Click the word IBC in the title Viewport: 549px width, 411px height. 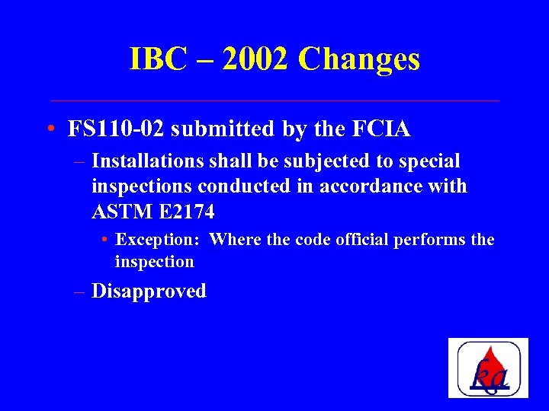pyautogui.click(x=157, y=59)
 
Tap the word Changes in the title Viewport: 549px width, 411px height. pyautogui.click(x=359, y=59)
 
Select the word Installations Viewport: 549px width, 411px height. pyautogui.click(x=143, y=161)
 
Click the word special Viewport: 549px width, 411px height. pyautogui.click(x=429, y=161)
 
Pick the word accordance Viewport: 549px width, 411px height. pyautogui.click(x=374, y=186)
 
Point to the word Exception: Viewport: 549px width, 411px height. pyautogui.click(x=158, y=240)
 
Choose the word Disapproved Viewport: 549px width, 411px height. pyautogui.click(x=149, y=291)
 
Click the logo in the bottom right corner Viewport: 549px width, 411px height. pyautogui.click(x=488, y=368)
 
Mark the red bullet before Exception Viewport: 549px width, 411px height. pyautogui.click(x=103, y=240)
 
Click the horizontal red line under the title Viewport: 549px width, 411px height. pyautogui.click(x=274, y=100)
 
